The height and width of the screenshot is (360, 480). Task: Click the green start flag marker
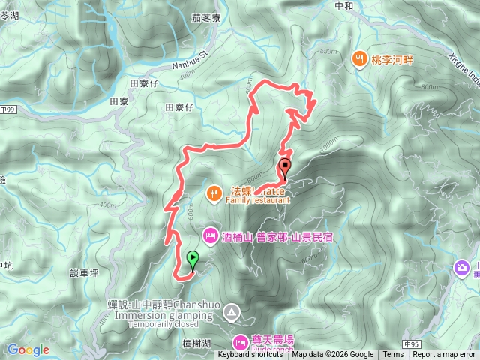pos(193,259)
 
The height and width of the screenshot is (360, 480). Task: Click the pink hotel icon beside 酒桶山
pos(210,235)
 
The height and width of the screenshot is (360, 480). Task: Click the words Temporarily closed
pos(163,325)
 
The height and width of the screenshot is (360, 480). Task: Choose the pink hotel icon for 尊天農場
pos(241,341)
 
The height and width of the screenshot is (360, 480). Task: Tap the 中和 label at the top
pos(345,5)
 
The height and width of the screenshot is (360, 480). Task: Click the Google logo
pos(28,349)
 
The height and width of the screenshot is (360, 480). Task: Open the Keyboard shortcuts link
pos(250,355)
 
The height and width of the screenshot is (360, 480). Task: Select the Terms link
pos(393,355)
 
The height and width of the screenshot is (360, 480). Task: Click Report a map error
pos(444,355)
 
